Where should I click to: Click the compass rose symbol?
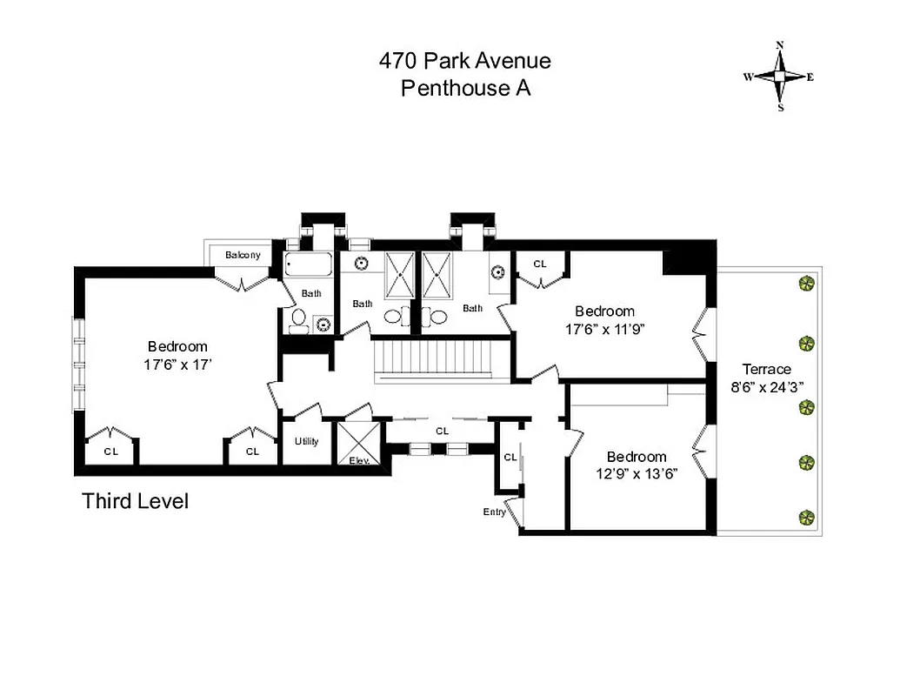[780, 77]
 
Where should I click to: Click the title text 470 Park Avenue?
[464, 61]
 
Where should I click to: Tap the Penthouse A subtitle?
[464, 88]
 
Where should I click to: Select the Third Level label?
[135, 501]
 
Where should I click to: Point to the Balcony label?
[243, 255]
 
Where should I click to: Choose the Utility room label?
[306, 441]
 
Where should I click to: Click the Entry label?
[494, 512]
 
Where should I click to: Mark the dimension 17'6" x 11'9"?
[604, 330]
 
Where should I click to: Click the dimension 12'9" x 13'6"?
[637, 475]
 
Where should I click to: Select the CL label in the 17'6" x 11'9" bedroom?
[540, 264]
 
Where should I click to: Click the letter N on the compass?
[780, 46]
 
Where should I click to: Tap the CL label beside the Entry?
[510, 457]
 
